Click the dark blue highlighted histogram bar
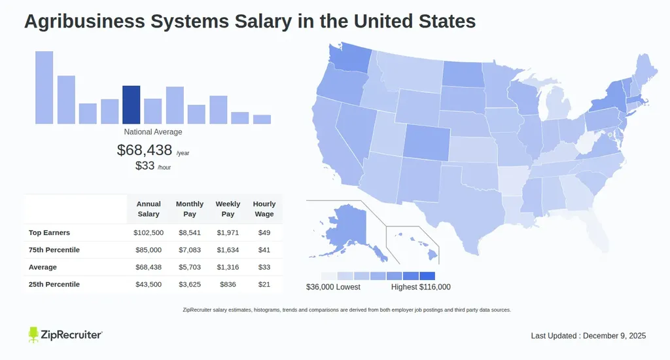point(131,105)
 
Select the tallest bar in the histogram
point(44,88)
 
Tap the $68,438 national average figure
point(144,150)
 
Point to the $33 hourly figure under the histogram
point(145,166)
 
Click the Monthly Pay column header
point(190,209)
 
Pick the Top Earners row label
point(49,232)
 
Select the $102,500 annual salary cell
point(149,232)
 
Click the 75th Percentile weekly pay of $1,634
point(228,249)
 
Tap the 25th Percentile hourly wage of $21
point(264,284)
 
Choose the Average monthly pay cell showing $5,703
point(190,267)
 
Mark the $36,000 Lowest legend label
point(333,287)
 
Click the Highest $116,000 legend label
point(421,287)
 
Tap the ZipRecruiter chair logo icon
point(34,334)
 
